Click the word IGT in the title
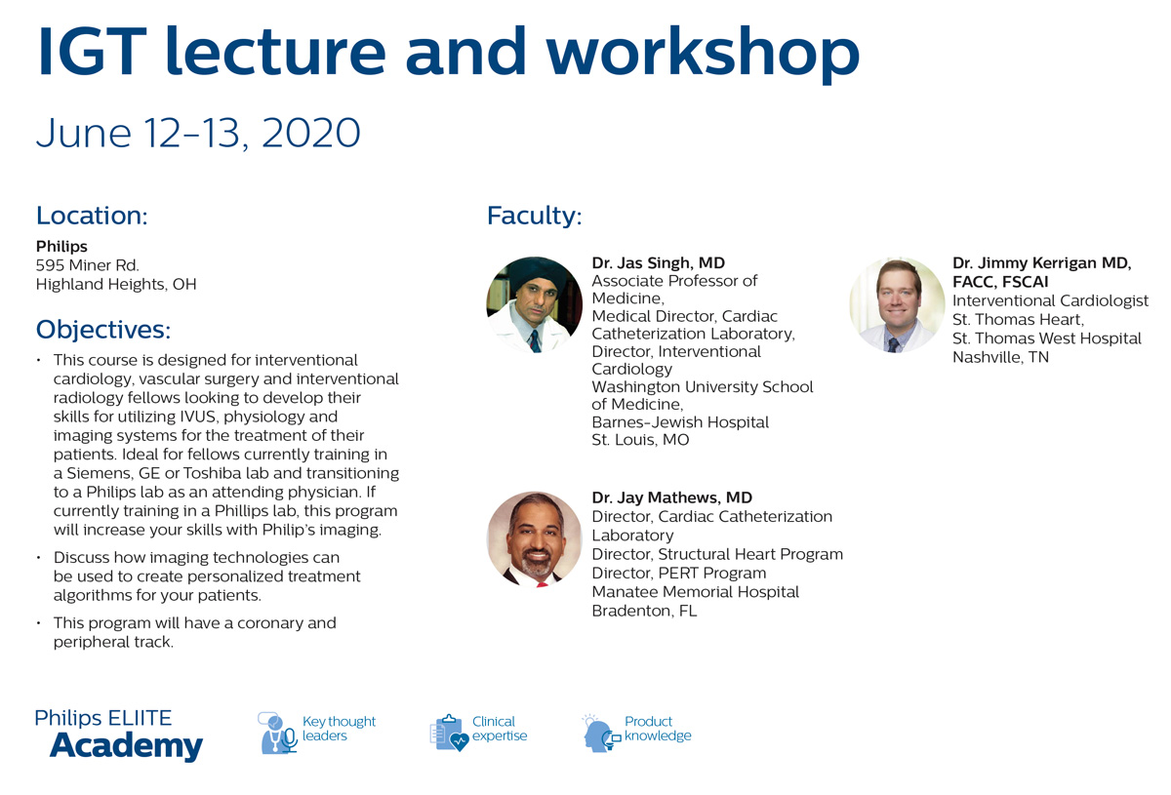(92, 52)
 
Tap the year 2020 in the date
(311, 133)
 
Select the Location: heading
(92, 216)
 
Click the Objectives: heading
(103, 330)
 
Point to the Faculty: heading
(535, 216)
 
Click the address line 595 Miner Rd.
(87, 265)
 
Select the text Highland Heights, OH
(116, 284)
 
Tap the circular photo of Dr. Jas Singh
(535, 304)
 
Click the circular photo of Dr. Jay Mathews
(535, 539)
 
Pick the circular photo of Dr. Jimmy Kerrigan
(897, 304)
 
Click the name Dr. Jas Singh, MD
(658, 263)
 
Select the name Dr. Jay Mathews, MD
(671, 497)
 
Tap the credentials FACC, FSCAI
(1000, 282)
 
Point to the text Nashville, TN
(1000, 358)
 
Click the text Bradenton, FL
(644, 611)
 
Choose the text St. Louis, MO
(640, 440)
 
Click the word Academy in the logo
(127, 746)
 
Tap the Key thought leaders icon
(277, 733)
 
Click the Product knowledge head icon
(601, 733)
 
